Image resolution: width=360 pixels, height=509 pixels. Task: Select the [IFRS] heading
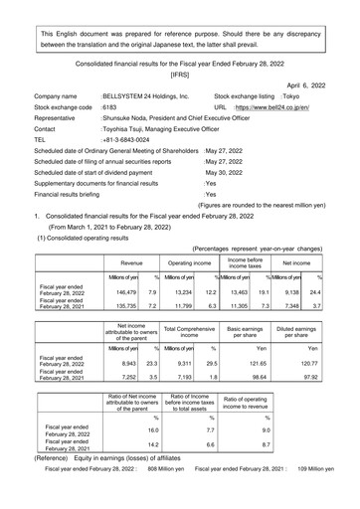[x=180, y=74]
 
